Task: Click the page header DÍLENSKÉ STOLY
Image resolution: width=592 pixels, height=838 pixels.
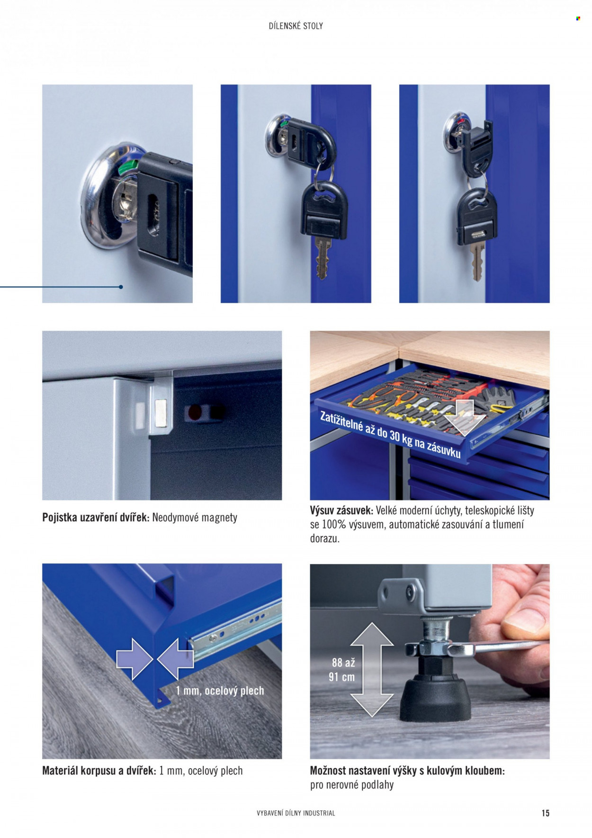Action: point(296,26)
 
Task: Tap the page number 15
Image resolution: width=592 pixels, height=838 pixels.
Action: point(546,813)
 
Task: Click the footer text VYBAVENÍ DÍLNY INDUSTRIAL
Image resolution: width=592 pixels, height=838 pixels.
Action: point(296,813)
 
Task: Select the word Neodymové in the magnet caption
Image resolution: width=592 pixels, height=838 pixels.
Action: point(176,518)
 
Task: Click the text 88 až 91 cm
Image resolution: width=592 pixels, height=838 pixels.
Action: point(342,670)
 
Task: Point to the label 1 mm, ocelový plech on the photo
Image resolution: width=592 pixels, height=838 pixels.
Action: point(220,691)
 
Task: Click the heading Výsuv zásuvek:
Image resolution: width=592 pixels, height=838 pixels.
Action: point(341,511)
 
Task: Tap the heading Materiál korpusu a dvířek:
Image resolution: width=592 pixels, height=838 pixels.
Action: point(99,771)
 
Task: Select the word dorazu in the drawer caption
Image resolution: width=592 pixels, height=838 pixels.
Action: point(324,539)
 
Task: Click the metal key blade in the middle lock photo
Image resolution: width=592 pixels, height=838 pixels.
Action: point(323,258)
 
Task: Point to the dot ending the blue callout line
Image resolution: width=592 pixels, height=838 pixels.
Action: point(121,287)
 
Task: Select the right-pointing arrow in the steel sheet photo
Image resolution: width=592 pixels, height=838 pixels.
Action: point(135,659)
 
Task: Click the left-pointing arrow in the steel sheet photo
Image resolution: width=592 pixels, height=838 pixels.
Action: point(176,659)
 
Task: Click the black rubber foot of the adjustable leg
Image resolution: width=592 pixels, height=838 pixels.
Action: point(435,699)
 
